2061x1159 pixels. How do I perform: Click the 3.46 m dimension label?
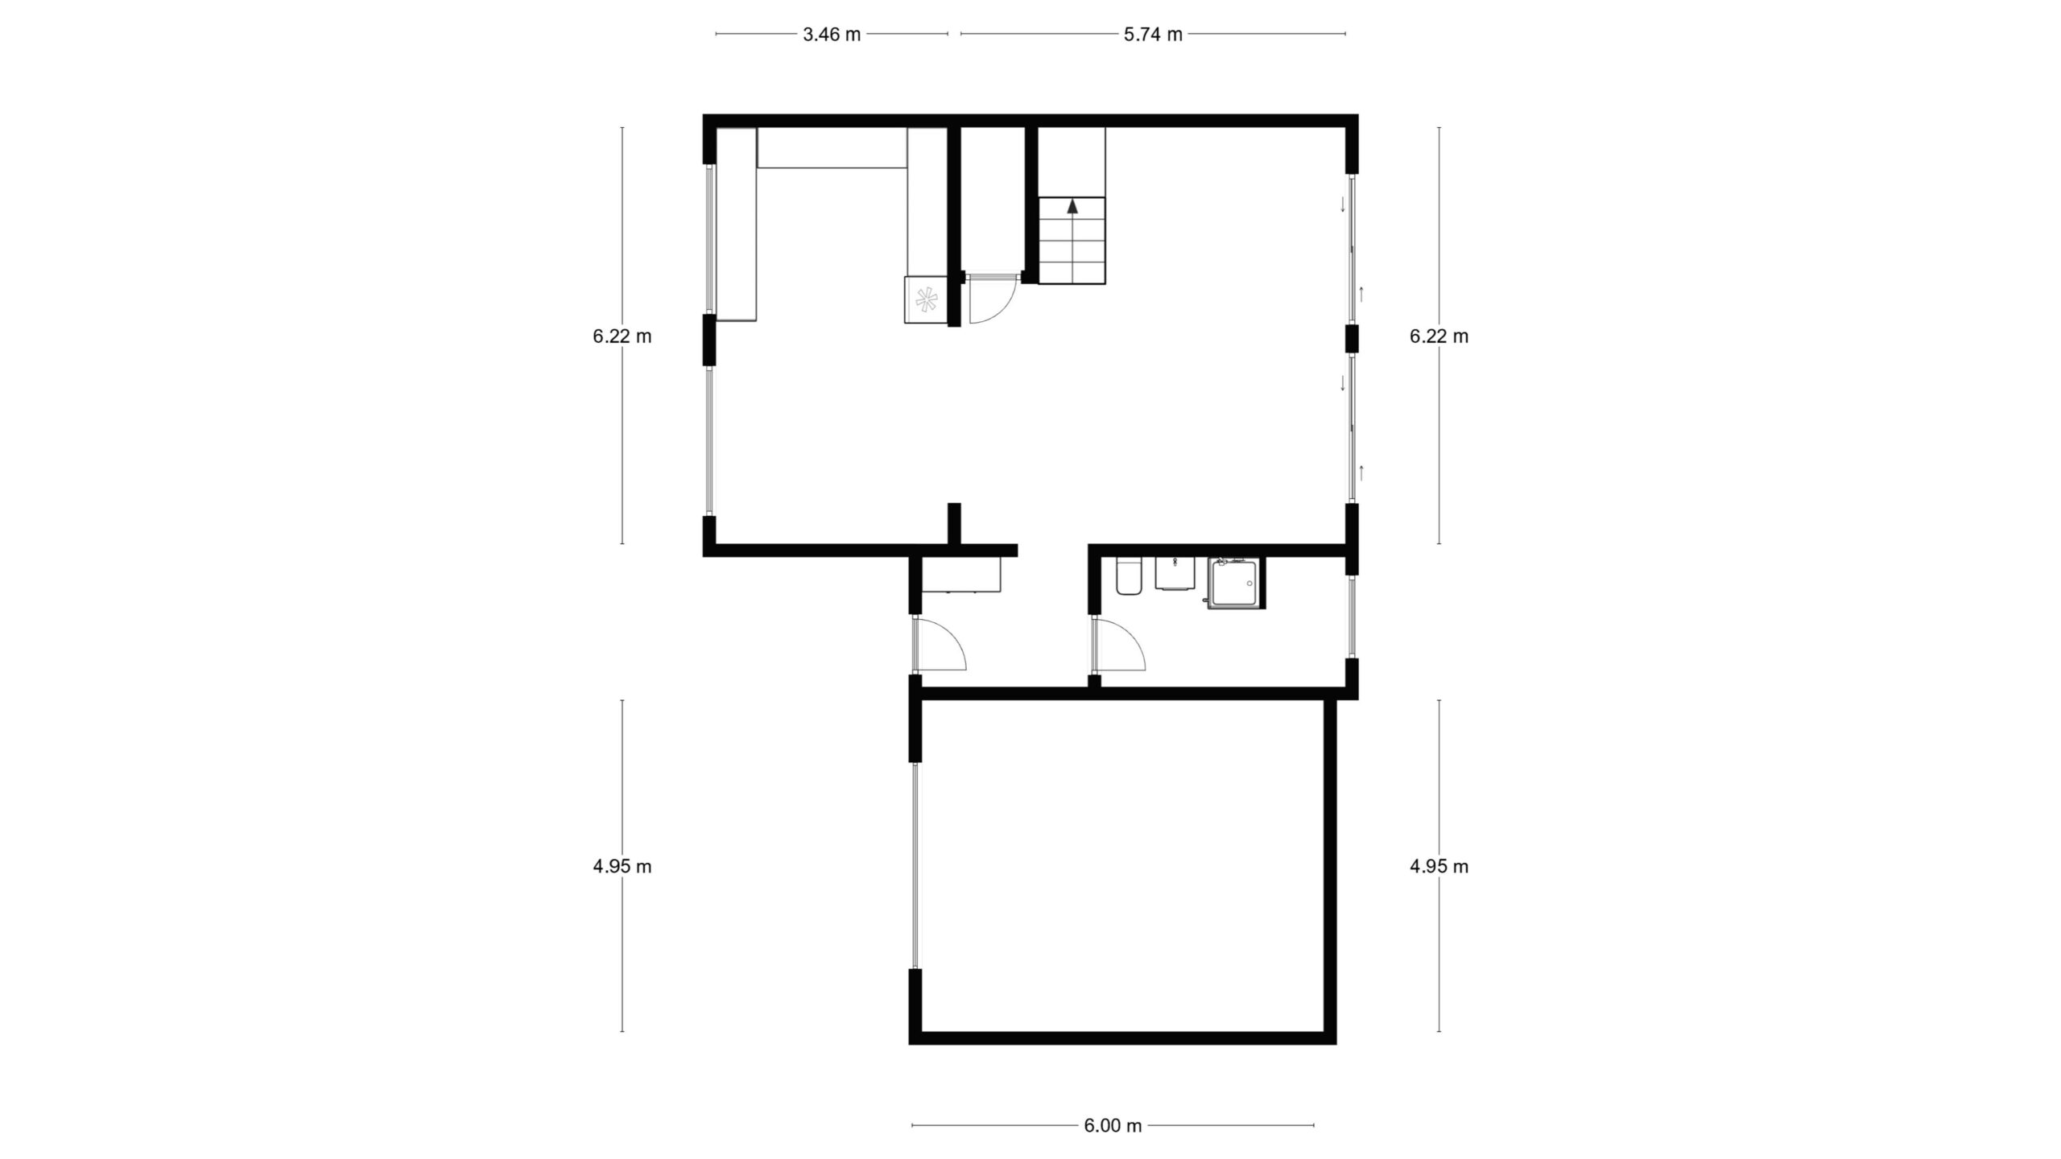point(832,35)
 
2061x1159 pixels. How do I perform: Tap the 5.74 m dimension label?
point(1153,35)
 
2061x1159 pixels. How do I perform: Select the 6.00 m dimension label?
point(1113,1126)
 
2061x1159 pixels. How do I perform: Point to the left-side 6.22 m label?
point(622,336)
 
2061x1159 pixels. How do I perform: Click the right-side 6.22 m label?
point(1439,336)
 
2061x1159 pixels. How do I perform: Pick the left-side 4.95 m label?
point(622,866)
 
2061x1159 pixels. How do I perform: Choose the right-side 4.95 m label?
point(1439,866)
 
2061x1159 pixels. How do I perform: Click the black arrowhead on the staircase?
point(1072,205)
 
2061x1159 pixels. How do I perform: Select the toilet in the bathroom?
point(1129,576)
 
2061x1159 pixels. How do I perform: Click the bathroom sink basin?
point(1176,574)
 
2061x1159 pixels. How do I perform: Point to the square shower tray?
point(1235,583)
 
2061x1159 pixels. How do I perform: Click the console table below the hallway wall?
point(961,575)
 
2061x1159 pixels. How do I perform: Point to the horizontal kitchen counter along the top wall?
point(832,148)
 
